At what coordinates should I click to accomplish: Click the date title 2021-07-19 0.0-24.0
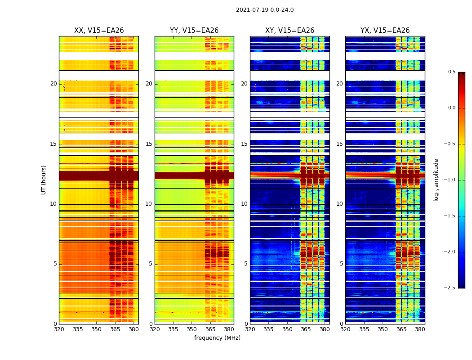coord(265,10)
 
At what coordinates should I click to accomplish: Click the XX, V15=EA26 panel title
coord(99,31)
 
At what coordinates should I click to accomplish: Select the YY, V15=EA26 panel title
coord(194,31)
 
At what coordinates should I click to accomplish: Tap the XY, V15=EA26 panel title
coord(289,31)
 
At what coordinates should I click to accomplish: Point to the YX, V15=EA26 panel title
coord(385,31)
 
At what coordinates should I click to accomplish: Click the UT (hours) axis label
coord(44,180)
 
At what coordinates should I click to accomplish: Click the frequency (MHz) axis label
coord(217,338)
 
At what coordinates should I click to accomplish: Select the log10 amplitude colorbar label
coord(436,180)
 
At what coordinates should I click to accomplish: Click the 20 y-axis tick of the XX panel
coord(53,84)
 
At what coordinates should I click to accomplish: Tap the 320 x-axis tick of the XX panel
coord(59,329)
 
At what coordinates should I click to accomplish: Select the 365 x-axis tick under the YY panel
coord(210,329)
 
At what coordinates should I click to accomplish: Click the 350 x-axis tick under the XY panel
coord(287,329)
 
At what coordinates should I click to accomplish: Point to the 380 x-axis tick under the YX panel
coord(420,329)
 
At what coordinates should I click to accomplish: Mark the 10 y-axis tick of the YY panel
coord(149,204)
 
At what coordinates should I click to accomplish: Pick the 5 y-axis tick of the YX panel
coord(341,264)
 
